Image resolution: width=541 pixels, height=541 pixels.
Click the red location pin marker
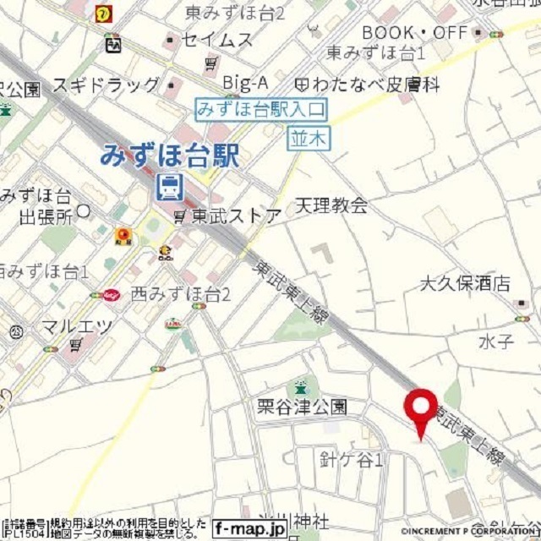click(x=419, y=410)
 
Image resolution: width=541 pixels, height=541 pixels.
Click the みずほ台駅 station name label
click(x=170, y=155)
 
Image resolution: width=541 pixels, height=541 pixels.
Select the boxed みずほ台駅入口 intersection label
click(x=261, y=108)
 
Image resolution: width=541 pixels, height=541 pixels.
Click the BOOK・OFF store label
click(x=414, y=33)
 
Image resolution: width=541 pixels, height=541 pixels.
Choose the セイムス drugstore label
click(x=216, y=40)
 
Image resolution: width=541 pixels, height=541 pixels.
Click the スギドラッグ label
click(x=106, y=85)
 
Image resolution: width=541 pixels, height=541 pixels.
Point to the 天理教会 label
click(x=331, y=205)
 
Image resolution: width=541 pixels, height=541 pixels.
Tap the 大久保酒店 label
click(x=465, y=283)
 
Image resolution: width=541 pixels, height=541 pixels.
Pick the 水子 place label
click(x=495, y=342)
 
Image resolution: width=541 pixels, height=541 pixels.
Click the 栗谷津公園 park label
click(x=302, y=407)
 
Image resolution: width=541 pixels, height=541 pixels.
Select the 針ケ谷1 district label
click(x=352, y=460)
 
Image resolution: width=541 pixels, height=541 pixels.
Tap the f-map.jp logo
click(x=249, y=528)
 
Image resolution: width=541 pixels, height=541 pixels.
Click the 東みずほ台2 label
click(x=234, y=13)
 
